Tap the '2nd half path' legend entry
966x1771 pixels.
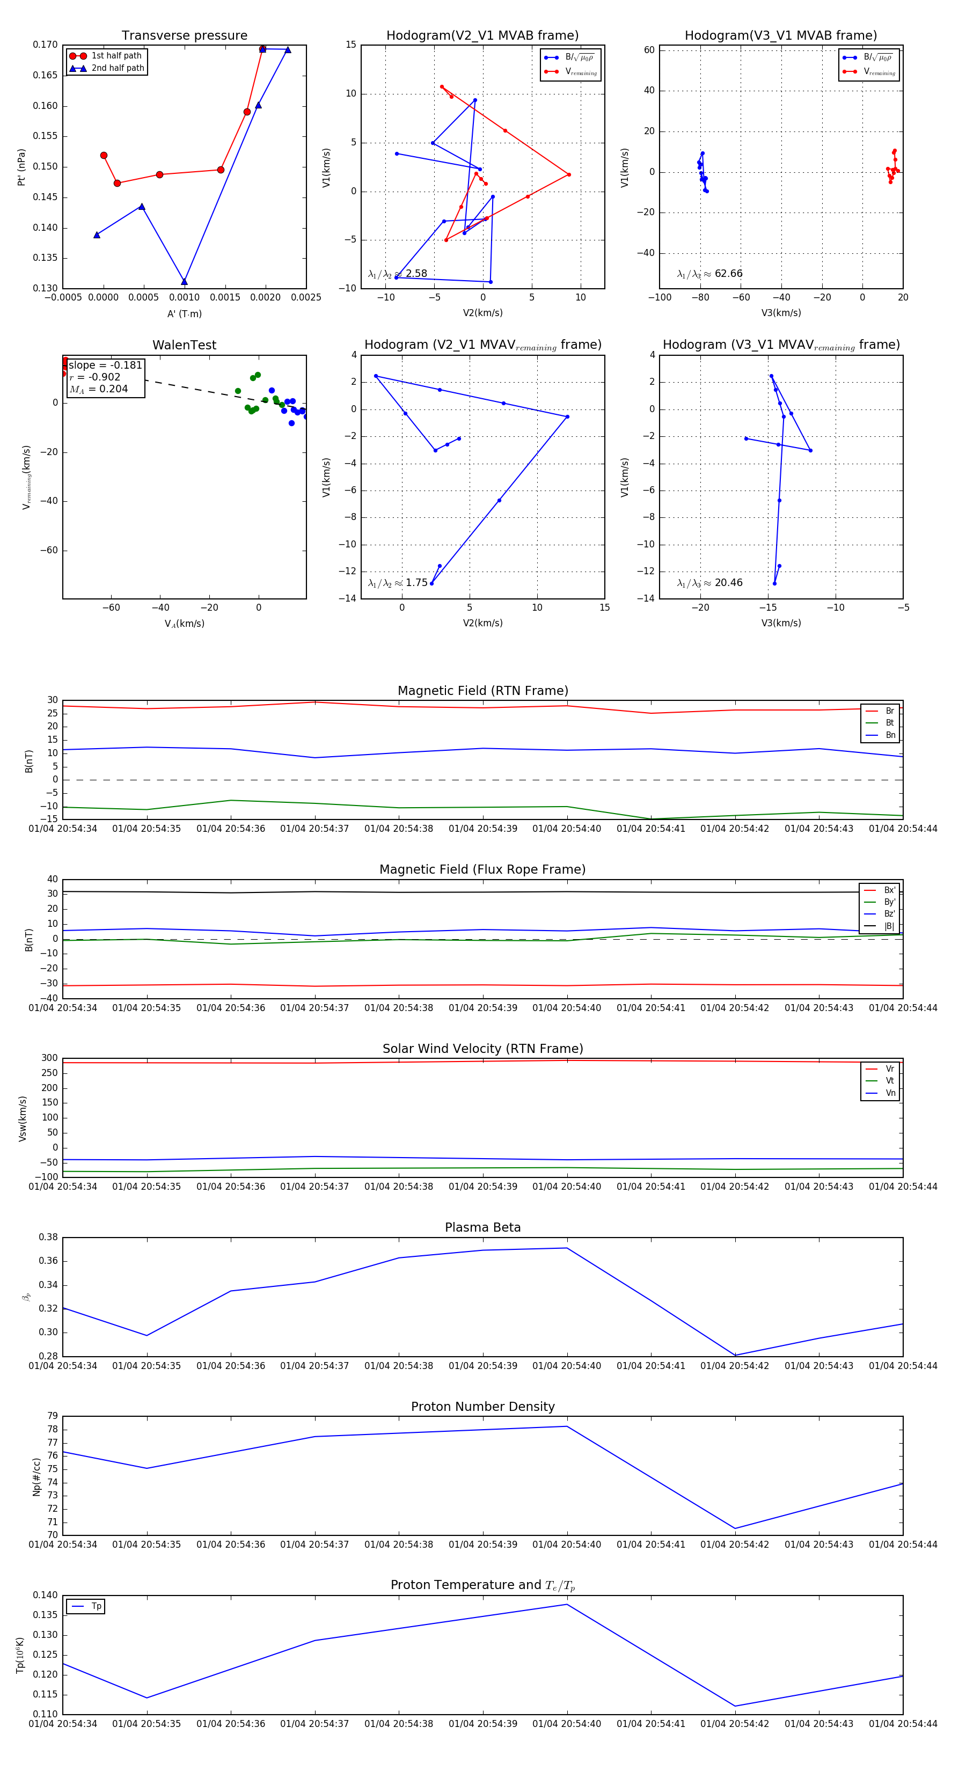point(118,68)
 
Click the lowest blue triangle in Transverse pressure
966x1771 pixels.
point(184,281)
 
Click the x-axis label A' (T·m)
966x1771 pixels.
point(184,313)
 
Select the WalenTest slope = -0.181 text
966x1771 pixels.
point(105,365)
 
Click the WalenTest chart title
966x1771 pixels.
point(184,345)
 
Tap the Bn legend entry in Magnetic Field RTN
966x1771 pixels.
point(890,735)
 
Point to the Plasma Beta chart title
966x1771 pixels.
point(482,1227)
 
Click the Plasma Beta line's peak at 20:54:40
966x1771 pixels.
point(567,1248)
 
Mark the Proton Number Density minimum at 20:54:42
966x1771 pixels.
point(735,1528)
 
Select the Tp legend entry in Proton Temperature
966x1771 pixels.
point(96,1606)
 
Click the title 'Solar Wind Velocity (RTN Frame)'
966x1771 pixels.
point(482,1049)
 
